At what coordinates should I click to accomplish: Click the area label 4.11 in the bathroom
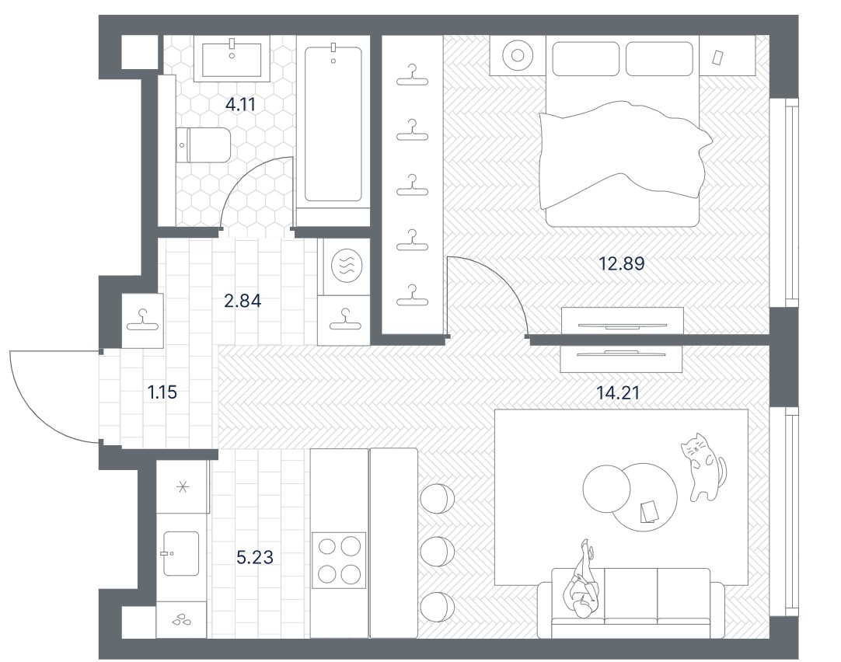pos(240,105)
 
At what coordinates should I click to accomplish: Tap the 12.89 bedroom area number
pos(622,263)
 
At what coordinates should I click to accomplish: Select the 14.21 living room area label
pos(619,393)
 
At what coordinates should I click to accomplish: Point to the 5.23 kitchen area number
pos(255,557)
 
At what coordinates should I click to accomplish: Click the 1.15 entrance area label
pos(162,392)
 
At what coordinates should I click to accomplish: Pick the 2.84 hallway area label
pos(243,301)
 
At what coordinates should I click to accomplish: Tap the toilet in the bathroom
pos(204,145)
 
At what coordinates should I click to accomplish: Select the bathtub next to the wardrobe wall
pos(333,124)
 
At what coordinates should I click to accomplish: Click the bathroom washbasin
pos(232,59)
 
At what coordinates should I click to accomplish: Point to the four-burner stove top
pos(339,560)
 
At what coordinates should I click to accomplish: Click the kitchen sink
pos(181,554)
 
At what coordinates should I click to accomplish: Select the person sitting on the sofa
pos(582,582)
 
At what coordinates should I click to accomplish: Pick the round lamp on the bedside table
pos(518,55)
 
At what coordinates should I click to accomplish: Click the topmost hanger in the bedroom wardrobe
pos(413,75)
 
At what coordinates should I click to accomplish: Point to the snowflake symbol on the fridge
pos(183,486)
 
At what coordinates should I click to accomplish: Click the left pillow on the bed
pos(586,58)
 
